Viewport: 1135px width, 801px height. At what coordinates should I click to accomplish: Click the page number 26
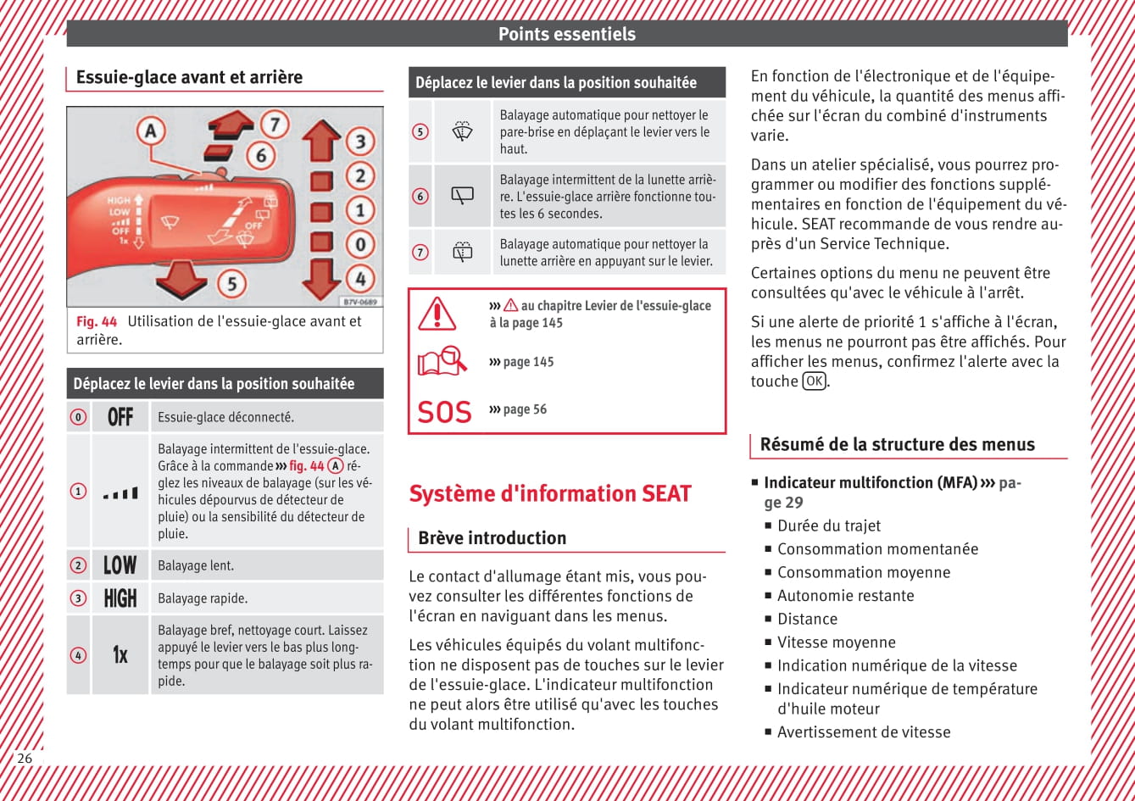[25, 758]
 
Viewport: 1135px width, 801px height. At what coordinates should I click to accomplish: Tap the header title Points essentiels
[566, 34]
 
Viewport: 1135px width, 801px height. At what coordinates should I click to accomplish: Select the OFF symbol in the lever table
[120, 417]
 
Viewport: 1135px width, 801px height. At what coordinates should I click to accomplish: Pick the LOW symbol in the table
[120, 565]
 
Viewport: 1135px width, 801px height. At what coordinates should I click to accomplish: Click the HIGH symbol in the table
[120, 598]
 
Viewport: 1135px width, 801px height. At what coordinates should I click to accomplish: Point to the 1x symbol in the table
[120, 655]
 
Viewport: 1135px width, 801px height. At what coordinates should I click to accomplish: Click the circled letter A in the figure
[151, 131]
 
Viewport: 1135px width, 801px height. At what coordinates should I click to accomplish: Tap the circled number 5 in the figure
[231, 282]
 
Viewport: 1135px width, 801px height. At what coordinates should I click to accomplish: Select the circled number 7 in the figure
[274, 125]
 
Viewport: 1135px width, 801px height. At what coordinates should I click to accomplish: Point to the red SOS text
[444, 413]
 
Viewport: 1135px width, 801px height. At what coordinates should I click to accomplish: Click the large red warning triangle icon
[437, 314]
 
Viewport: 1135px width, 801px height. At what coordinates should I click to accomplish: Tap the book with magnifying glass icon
[442, 362]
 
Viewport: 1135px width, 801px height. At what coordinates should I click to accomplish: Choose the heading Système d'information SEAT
[550, 493]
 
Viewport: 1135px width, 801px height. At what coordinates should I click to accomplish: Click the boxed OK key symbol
[814, 381]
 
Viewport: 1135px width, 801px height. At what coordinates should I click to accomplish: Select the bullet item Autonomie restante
[845, 596]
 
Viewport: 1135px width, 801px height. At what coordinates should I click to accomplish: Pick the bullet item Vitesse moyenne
[836, 642]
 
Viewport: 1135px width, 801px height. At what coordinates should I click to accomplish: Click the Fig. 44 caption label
[97, 321]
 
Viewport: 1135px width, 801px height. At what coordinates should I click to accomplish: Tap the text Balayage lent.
[196, 565]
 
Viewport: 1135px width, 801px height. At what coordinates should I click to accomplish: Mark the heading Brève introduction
[492, 538]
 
